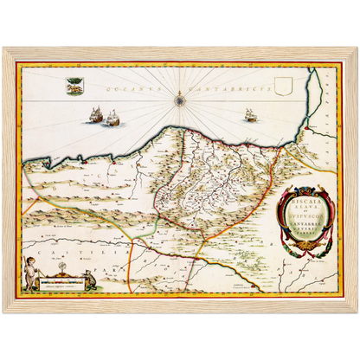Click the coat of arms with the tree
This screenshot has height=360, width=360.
[x=74, y=86]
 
